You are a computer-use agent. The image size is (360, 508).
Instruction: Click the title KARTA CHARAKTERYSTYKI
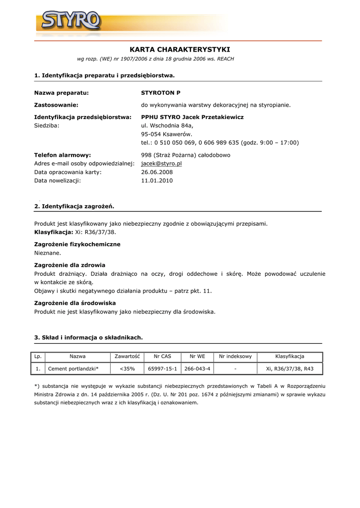180,50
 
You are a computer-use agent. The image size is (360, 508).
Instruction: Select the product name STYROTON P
161,93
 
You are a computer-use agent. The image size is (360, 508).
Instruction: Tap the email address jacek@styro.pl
161,163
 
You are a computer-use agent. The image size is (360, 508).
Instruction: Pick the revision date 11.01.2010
157,181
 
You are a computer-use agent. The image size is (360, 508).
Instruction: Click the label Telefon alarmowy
63,155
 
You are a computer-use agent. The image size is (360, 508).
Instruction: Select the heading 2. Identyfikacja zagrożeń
74,206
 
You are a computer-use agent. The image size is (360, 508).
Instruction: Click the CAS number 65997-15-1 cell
162,369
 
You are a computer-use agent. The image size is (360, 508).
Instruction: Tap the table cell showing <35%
127,369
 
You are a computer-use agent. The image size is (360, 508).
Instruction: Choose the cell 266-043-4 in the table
197,369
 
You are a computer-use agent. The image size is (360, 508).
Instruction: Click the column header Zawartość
127,356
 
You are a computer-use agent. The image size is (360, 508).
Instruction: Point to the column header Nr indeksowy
235,356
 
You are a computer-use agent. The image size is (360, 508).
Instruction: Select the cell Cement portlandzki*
73,369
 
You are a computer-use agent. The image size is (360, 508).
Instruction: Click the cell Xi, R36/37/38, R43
289,369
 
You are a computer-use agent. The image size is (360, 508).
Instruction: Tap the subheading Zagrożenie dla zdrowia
70,265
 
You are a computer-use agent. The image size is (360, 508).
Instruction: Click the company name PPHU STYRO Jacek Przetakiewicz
192,117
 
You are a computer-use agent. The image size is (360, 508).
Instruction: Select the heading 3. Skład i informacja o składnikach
88,337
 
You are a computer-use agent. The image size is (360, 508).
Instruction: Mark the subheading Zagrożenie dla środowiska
75,303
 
